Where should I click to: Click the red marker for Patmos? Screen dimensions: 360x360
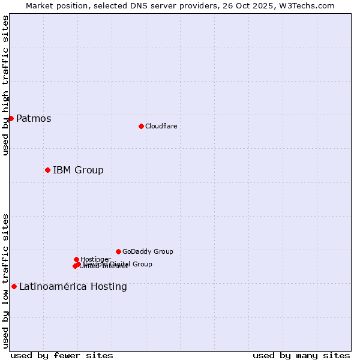click(11, 118)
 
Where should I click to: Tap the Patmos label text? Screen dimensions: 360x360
click(34, 119)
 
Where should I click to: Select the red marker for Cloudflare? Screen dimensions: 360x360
click(141, 126)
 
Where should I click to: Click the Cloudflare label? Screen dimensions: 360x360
click(161, 126)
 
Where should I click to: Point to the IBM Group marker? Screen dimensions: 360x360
click(47, 170)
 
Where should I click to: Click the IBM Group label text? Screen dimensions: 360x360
click(78, 170)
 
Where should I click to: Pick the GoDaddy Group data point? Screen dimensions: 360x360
click(118, 251)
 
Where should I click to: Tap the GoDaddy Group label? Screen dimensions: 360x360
click(148, 252)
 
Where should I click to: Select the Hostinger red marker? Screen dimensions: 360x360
click(76, 259)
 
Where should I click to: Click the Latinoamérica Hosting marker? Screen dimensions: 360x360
click(14, 286)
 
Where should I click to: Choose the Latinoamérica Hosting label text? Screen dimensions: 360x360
click(73, 287)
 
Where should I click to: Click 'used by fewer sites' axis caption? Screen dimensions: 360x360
click(62, 355)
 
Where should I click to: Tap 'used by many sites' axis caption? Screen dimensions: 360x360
click(301, 355)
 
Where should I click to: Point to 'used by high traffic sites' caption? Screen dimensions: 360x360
click(5, 85)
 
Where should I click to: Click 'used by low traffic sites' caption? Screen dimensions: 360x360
click(5, 280)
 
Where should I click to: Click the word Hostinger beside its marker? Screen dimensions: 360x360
click(95, 259)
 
